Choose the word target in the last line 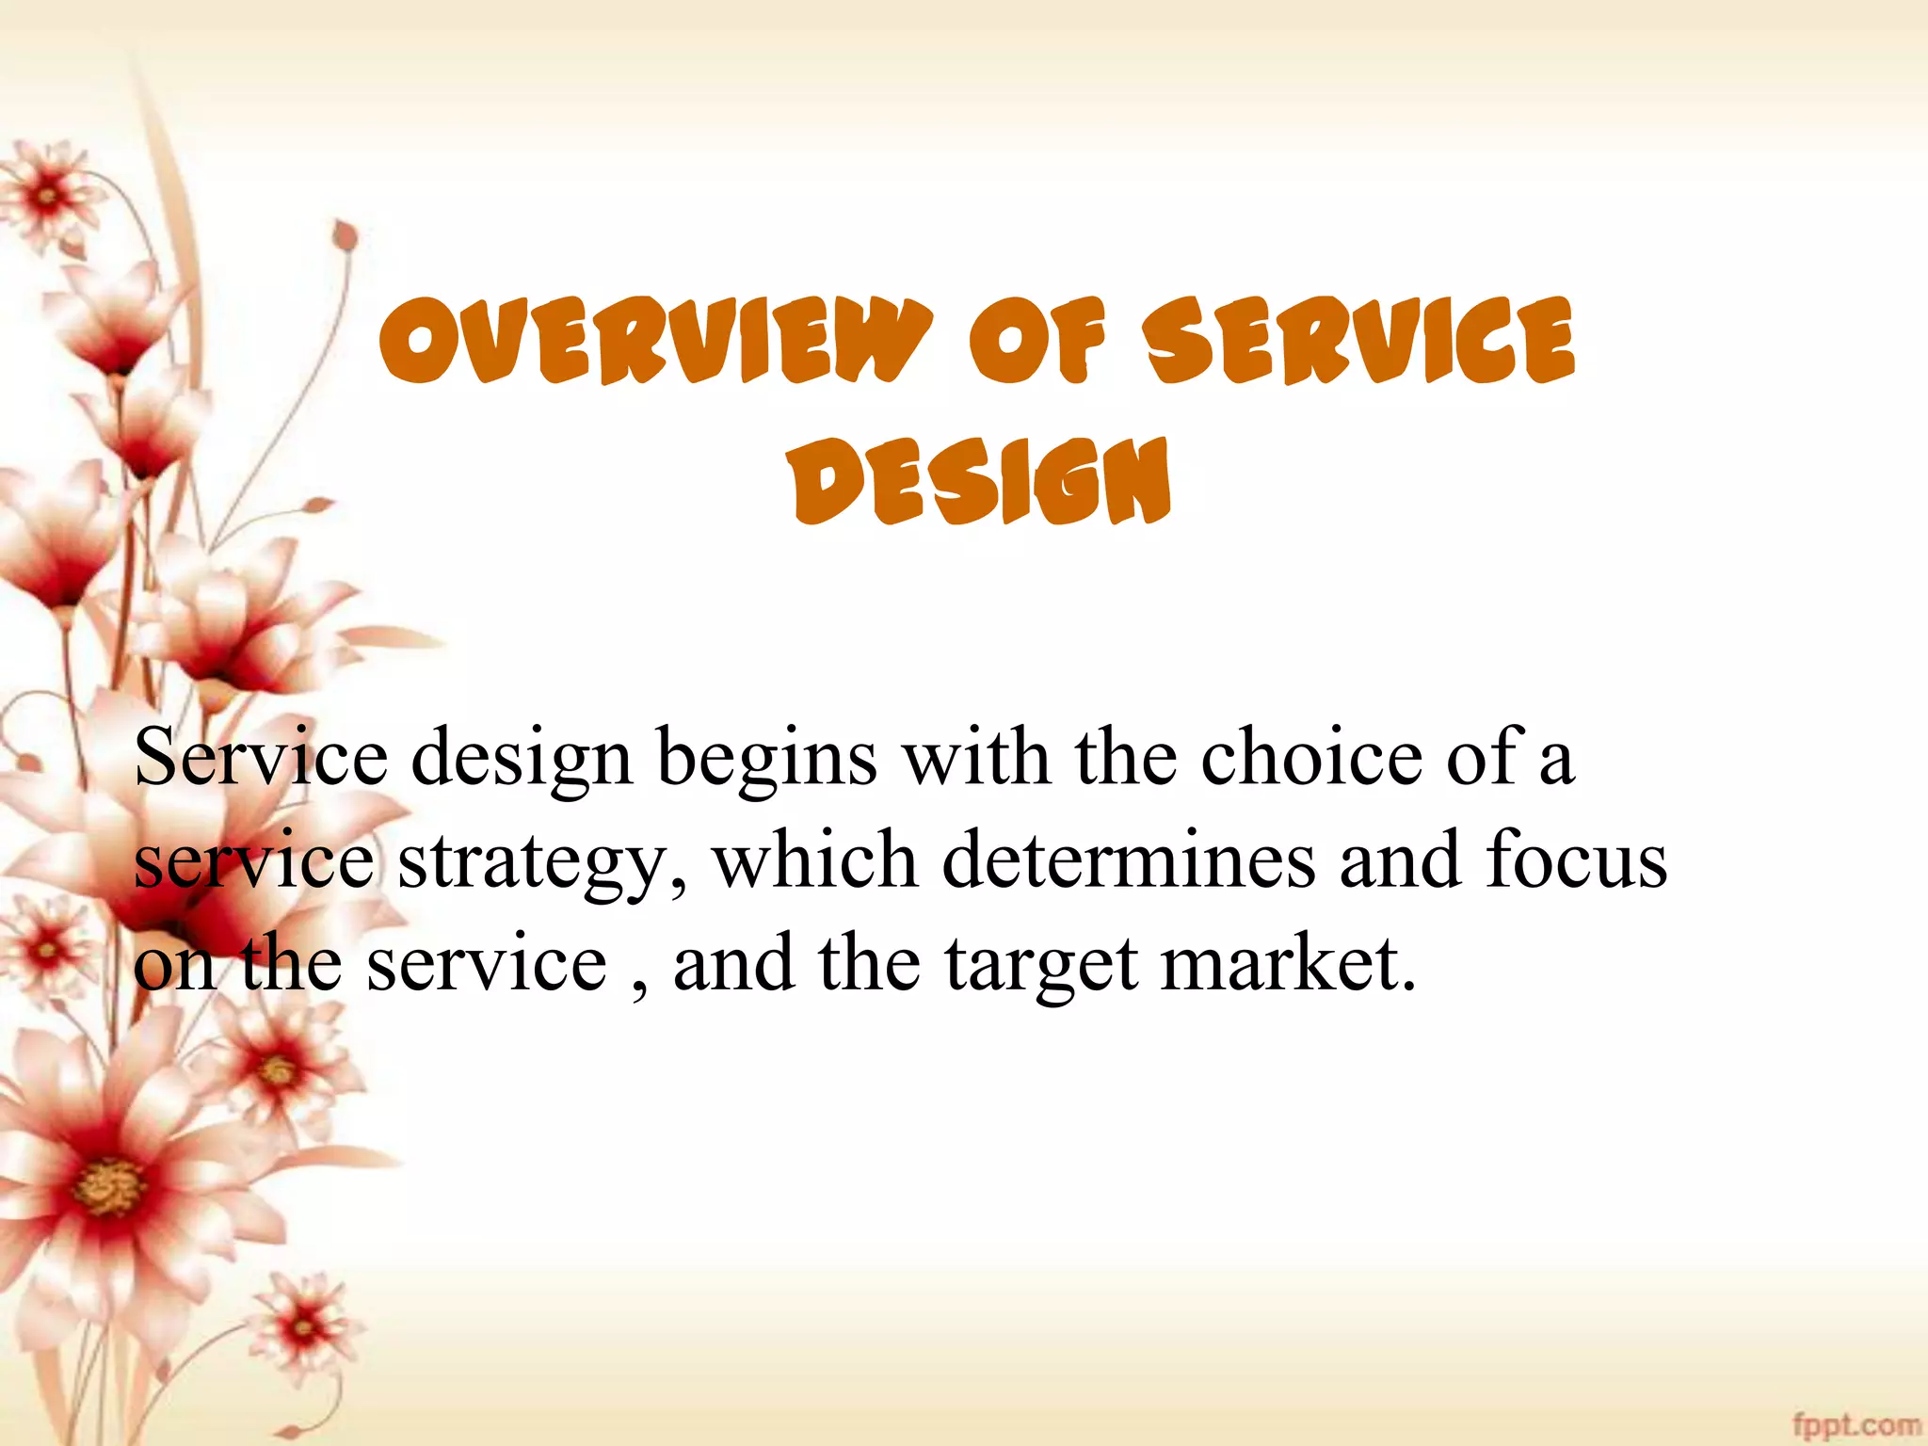click(x=1041, y=966)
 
